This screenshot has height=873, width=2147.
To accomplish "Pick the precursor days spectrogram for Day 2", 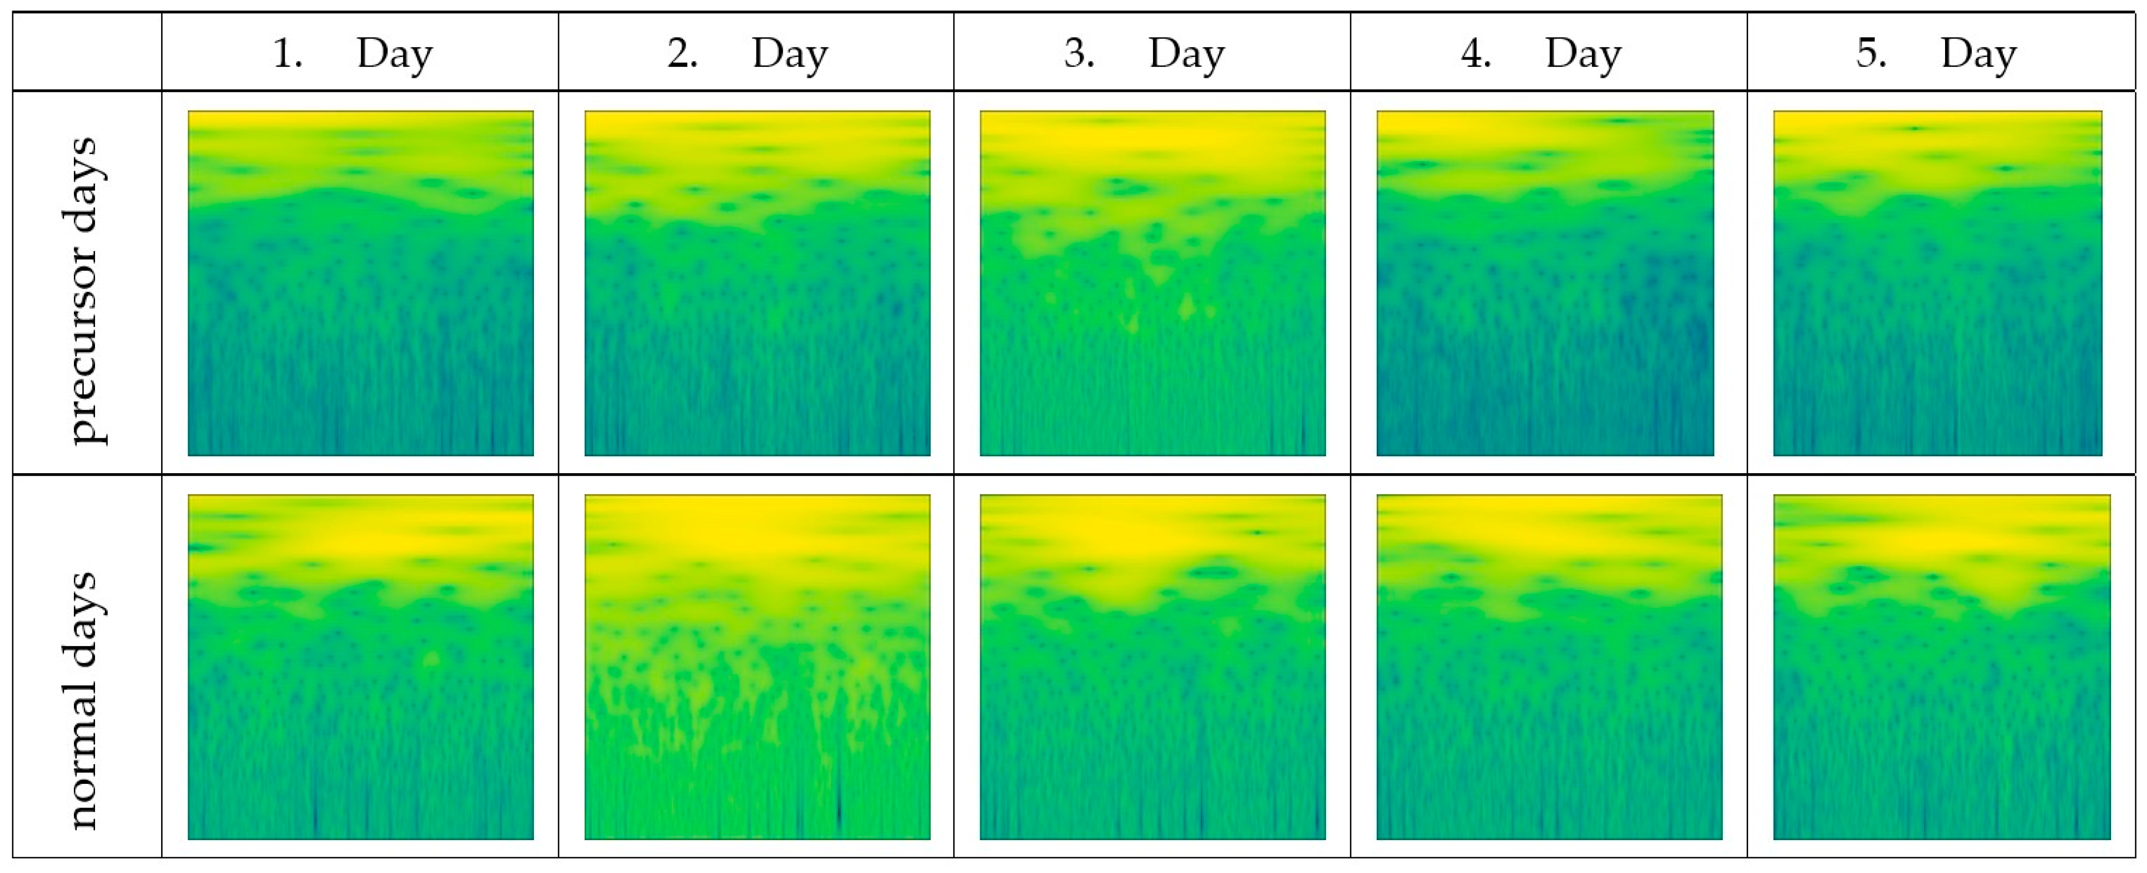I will [757, 283].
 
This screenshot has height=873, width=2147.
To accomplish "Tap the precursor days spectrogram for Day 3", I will [1153, 283].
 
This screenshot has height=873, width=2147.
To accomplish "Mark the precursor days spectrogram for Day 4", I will [1545, 283].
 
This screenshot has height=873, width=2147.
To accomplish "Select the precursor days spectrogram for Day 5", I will [1938, 283].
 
